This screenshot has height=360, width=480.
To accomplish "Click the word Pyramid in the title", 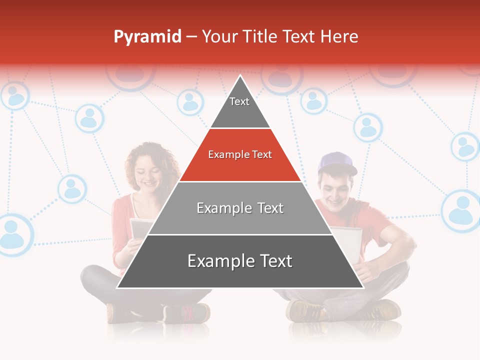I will (147, 37).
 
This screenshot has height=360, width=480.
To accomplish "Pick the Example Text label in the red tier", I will (240, 154).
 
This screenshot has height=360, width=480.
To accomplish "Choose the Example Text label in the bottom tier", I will (240, 261).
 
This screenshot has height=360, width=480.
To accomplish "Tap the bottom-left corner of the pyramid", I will (118, 287).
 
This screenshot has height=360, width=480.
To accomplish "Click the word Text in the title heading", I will (299, 36).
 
